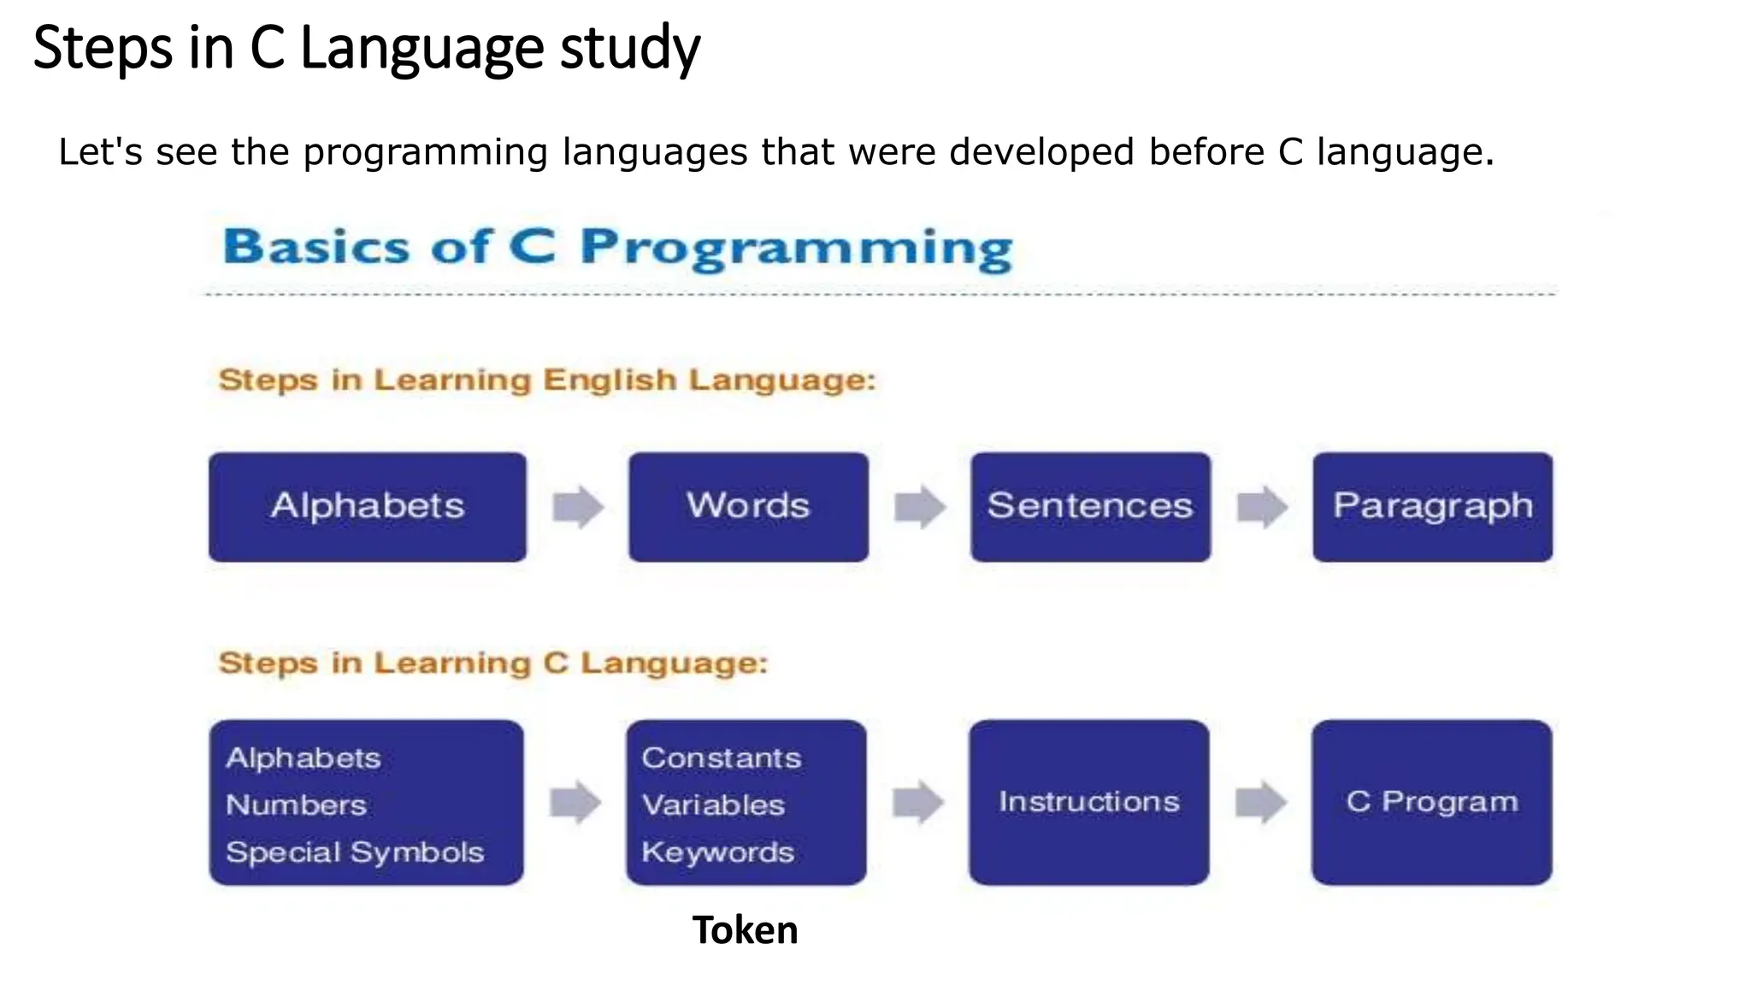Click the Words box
tap(748, 506)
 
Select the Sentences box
tap(1090, 506)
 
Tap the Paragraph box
tap(1432, 506)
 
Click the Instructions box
tap(1088, 802)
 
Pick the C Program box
tap(1432, 802)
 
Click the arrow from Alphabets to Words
tap(578, 506)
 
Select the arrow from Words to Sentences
tap(920, 506)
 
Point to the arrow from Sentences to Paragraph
tap(1262, 506)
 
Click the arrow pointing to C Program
tap(1261, 802)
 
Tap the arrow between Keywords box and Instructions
tap(918, 802)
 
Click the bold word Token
tap(745, 930)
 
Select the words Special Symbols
tap(355, 852)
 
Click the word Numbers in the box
tap(296, 805)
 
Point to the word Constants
tap(722, 758)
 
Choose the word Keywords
tap(718, 852)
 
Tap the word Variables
tap(713, 805)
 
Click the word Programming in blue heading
tap(796, 248)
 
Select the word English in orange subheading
tap(610, 380)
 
